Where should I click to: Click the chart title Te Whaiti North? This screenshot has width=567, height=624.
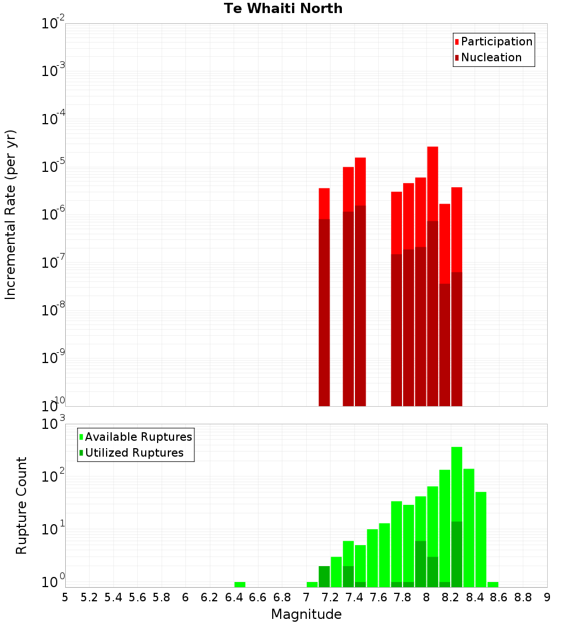283,9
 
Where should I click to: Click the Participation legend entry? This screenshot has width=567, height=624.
496,41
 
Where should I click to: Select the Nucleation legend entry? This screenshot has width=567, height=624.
490,57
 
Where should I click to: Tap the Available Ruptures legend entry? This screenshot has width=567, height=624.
138,437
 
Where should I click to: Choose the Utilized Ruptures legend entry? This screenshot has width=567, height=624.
134,453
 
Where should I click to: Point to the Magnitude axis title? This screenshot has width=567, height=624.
306,614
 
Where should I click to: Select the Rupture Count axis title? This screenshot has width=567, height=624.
22,505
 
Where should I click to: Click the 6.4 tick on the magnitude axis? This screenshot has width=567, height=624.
234,597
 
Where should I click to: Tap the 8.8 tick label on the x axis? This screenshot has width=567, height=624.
523,597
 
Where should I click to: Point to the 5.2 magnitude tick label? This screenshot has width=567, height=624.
89,597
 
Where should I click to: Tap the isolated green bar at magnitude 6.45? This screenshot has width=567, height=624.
240,584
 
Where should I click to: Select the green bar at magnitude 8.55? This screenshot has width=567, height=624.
493,584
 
